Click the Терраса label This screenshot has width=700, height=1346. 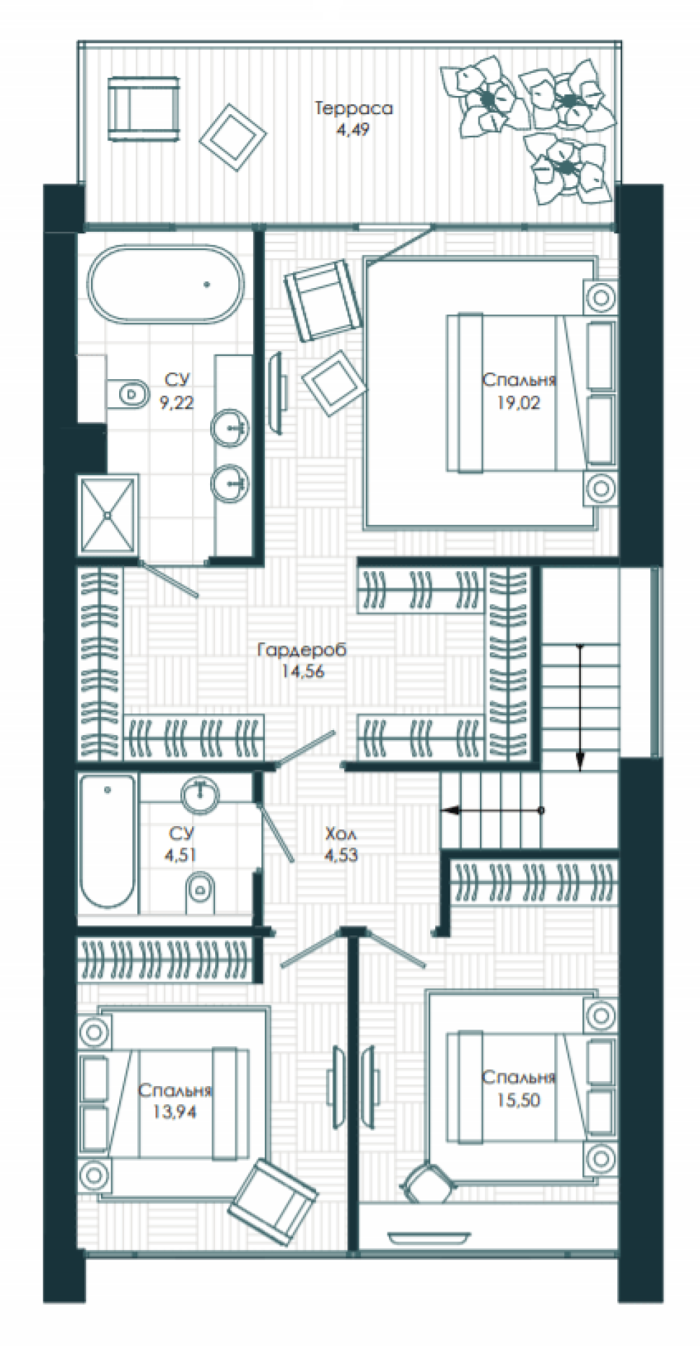point(353,109)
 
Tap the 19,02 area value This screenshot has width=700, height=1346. point(519,403)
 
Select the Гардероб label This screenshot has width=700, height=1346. point(302,650)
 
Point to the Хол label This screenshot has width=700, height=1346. point(341,834)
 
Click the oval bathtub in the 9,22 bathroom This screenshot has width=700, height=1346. point(166,284)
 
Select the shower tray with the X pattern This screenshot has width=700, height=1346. point(108,515)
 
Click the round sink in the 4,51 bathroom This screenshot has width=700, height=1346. point(200,796)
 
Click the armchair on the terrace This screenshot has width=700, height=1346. point(143,109)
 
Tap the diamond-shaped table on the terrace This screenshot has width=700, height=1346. point(233,137)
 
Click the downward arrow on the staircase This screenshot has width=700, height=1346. point(580,707)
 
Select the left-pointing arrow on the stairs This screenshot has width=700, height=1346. point(493,811)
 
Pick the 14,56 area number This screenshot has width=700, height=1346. point(303,671)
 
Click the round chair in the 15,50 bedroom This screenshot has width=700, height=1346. point(427,1182)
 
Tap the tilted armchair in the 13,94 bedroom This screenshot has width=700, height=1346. point(273,1202)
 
